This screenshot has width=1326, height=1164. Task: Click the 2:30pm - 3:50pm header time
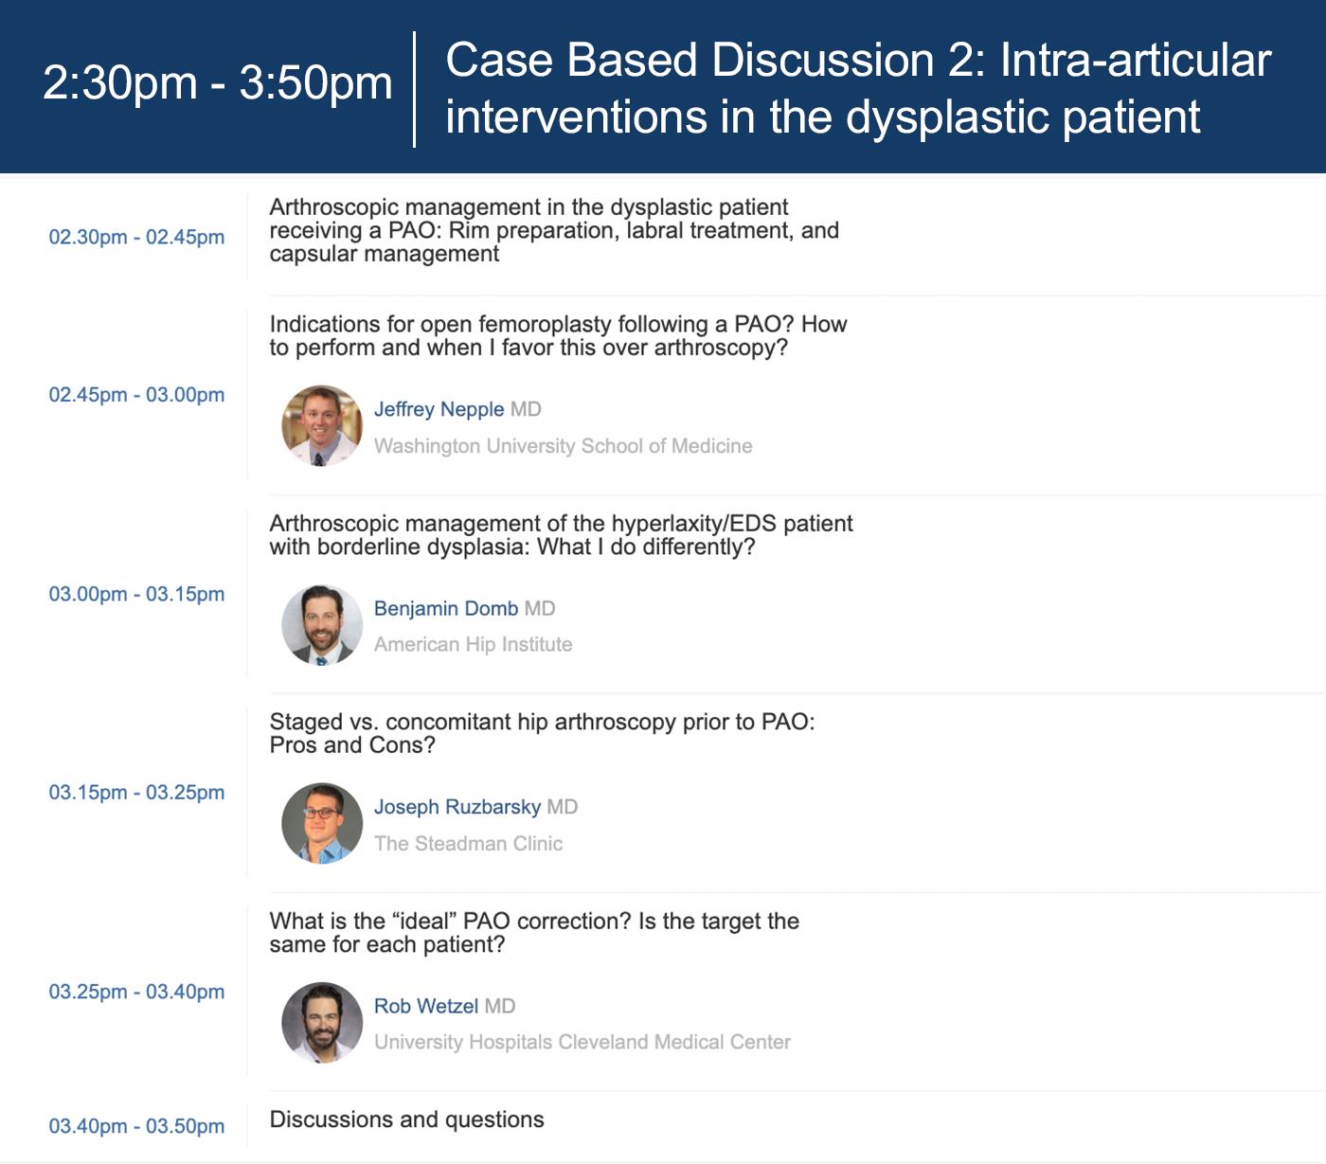(x=217, y=83)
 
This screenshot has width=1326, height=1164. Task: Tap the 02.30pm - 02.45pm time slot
(x=136, y=237)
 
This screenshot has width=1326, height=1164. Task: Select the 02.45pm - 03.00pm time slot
(x=136, y=395)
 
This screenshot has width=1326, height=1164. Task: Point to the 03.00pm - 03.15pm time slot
(x=136, y=594)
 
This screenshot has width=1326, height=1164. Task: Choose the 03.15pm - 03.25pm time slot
(x=136, y=792)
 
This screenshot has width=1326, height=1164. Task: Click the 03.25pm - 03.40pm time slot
(x=136, y=992)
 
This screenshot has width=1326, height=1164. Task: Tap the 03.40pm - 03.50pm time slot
(x=136, y=1126)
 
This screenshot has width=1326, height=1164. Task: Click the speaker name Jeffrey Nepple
(x=439, y=409)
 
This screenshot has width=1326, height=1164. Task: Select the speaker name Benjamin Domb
(x=446, y=608)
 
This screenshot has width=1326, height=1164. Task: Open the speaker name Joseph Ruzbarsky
(x=457, y=807)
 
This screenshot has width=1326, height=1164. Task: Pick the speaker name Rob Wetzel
(x=426, y=1006)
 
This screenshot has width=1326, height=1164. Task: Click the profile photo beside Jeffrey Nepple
(x=322, y=425)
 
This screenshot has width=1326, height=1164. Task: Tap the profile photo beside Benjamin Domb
(x=322, y=625)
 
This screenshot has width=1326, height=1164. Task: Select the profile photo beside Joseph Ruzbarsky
(x=322, y=824)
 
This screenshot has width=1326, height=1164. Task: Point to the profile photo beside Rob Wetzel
(x=322, y=1023)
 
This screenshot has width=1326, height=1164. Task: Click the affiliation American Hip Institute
(x=474, y=644)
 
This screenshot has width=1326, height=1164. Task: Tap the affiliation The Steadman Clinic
(x=469, y=843)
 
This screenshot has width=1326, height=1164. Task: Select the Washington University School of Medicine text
(x=564, y=446)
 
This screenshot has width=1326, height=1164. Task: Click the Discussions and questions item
(x=406, y=1119)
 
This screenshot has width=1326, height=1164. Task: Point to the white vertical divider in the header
(x=414, y=89)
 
